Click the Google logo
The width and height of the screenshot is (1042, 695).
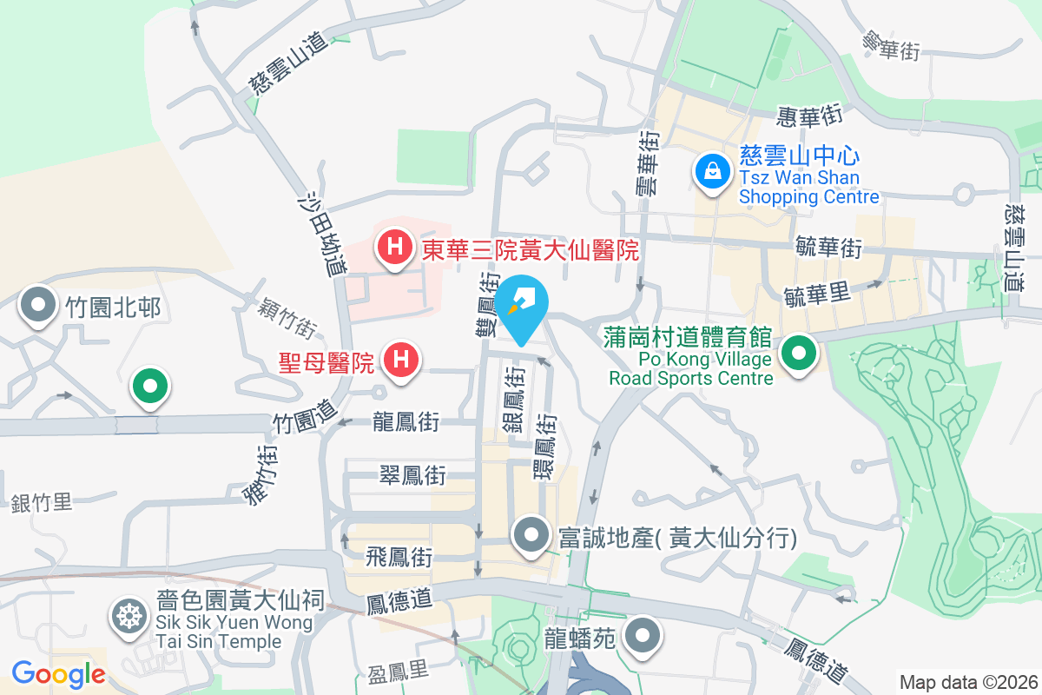click(58, 673)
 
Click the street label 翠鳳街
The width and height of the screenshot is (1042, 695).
click(412, 475)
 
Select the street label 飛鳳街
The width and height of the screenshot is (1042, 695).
click(399, 555)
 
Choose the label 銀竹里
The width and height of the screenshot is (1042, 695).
click(42, 502)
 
